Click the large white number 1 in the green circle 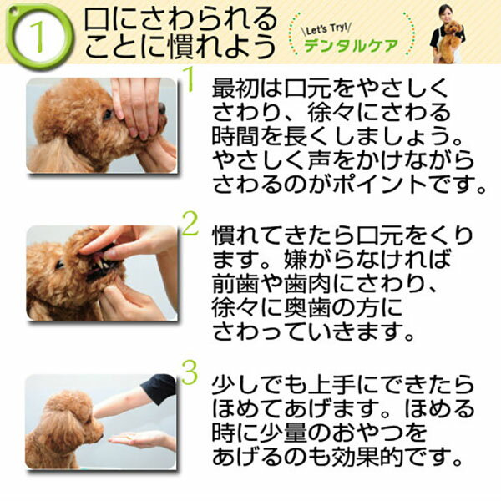click(x=38, y=37)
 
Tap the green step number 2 click(x=190, y=224)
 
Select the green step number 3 click(x=190, y=373)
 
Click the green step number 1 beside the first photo click(x=190, y=82)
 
